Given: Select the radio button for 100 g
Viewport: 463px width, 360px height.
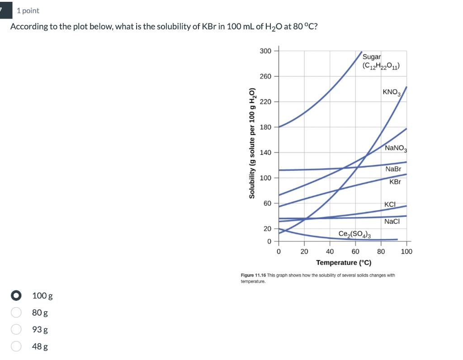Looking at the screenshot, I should (16, 296).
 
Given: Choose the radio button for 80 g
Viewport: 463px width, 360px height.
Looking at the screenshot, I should (16, 313).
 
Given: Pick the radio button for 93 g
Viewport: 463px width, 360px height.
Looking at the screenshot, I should (16, 329).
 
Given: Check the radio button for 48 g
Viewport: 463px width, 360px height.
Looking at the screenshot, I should (16, 346).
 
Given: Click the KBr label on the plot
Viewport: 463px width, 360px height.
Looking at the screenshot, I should (395, 182).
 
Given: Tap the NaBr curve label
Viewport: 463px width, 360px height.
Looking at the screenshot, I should (393, 169).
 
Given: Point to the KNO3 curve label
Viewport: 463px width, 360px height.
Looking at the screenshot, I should (392, 93).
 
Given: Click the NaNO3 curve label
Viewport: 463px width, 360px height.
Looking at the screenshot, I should (396, 148).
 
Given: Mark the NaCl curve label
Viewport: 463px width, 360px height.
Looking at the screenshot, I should (392, 221).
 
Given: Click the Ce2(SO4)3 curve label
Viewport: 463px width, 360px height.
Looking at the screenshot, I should (355, 234).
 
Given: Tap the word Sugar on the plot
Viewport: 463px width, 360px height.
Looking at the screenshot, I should (372, 57).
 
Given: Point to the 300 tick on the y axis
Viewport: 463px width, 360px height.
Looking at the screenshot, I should (265, 51).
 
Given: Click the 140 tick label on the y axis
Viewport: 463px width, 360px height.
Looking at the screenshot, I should (265, 153).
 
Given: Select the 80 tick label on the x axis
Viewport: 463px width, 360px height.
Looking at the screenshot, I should (381, 252).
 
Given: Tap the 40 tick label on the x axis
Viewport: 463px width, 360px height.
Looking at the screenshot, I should (330, 252).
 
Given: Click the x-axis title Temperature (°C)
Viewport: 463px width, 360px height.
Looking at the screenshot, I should (344, 262).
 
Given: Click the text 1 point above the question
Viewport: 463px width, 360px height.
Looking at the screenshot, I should (28, 10).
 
